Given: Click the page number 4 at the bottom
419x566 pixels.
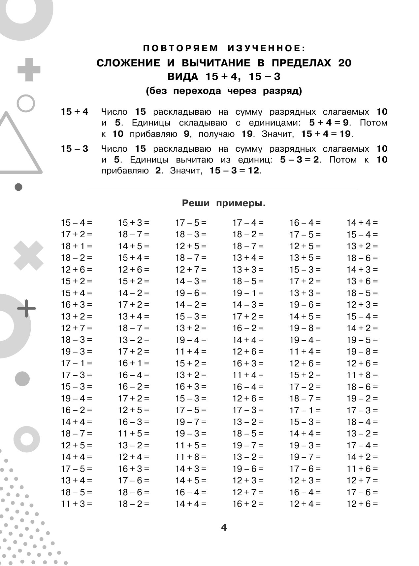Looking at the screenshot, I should click(224, 527).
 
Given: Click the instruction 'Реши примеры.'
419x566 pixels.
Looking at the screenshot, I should click(224, 203).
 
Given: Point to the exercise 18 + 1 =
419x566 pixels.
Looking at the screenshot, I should click(77, 246).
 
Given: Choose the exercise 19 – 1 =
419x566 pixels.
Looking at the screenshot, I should click(248, 293).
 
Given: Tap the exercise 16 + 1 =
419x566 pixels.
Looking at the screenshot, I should click(134, 363).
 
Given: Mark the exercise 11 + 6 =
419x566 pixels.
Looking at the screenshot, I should click(362, 469).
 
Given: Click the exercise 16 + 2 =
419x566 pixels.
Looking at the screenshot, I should click(248, 504).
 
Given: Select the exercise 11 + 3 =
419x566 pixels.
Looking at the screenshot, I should click(77, 504).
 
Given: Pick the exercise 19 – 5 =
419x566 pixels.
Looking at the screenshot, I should click(362, 340).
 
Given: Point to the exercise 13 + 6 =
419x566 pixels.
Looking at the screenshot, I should click(362, 281).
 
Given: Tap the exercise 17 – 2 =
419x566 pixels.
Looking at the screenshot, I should click(305, 387).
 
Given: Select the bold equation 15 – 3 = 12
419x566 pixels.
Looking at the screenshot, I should click(235, 171).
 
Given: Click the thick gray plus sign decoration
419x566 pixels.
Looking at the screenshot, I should click(29, 70).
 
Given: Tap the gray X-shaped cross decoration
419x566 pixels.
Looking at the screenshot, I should click(28, 256).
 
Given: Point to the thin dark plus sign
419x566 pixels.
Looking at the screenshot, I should click(26, 308).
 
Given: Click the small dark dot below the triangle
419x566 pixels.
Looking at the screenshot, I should click(19, 187).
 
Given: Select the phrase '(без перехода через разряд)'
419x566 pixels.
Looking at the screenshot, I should click(224, 91).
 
